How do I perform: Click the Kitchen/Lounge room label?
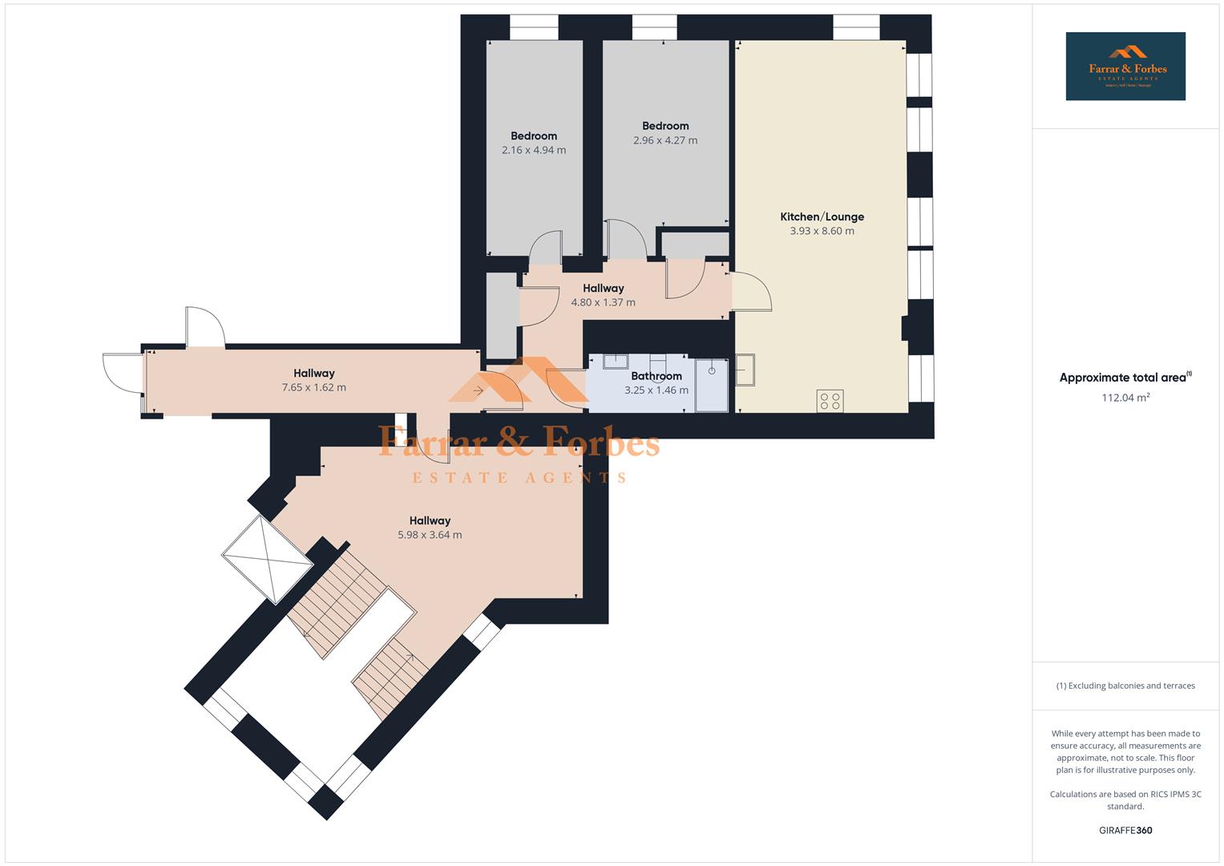pyautogui.click(x=822, y=216)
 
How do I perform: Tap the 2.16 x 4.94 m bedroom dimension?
pyautogui.click(x=534, y=150)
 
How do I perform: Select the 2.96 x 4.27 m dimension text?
pyautogui.click(x=665, y=140)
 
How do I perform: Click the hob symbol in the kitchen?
pyautogui.click(x=830, y=400)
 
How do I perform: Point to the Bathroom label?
pyautogui.click(x=656, y=376)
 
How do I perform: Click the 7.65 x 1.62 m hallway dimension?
pyautogui.click(x=313, y=387)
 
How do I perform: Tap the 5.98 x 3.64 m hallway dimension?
pyautogui.click(x=430, y=535)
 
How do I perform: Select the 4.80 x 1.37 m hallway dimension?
pyautogui.click(x=603, y=302)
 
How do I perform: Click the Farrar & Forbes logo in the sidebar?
pyautogui.click(x=1125, y=67)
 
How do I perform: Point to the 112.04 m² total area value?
pyautogui.click(x=1125, y=397)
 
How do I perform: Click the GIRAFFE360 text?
pyautogui.click(x=1125, y=830)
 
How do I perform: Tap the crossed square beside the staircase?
pyautogui.click(x=268, y=559)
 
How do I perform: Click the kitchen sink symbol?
pyautogui.click(x=745, y=370)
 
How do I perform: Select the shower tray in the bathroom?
pyautogui.click(x=711, y=385)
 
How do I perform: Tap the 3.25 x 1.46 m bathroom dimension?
pyautogui.click(x=656, y=391)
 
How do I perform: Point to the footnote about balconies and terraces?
pyautogui.click(x=1125, y=686)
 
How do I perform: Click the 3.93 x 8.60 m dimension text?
pyautogui.click(x=822, y=231)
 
